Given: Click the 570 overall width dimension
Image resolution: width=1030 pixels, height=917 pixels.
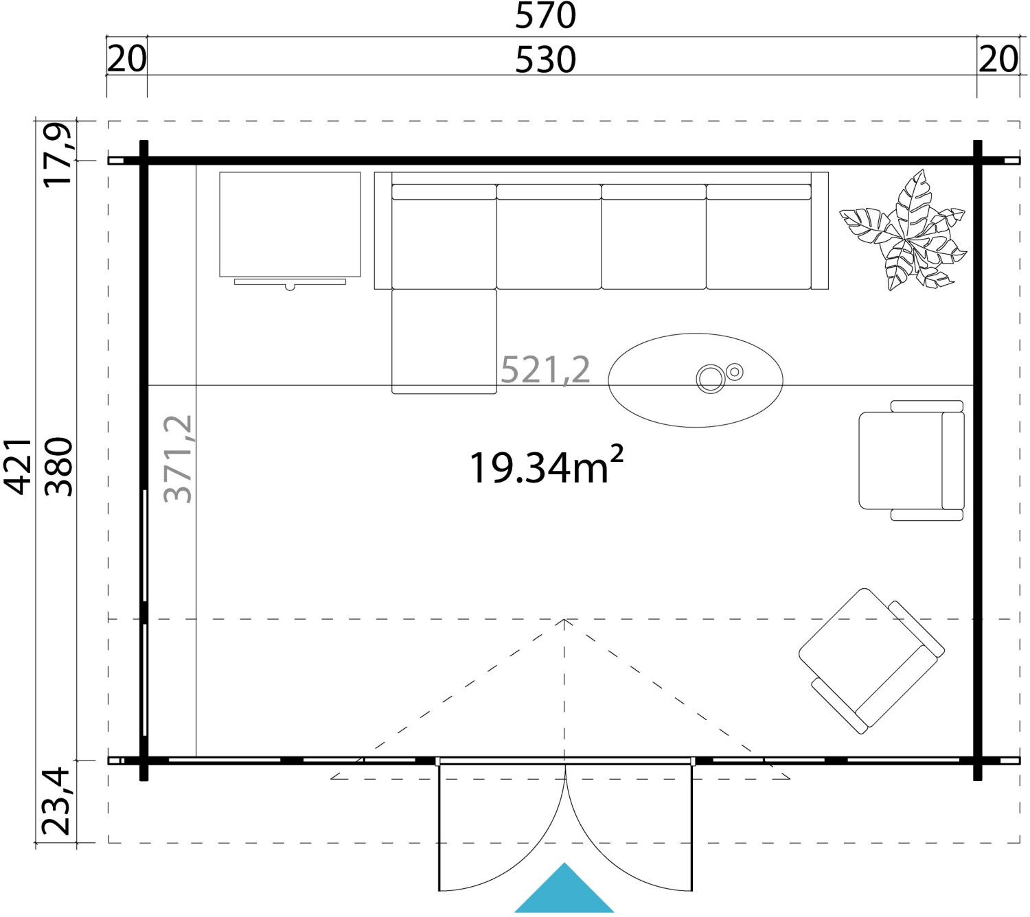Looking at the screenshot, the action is click(545, 16).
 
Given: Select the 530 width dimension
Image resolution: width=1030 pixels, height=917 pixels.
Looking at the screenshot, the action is click(545, 60).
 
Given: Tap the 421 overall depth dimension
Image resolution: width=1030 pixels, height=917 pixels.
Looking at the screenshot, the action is click(19, 467).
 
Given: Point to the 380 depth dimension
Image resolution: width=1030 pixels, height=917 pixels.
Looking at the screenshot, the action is click(58, 467).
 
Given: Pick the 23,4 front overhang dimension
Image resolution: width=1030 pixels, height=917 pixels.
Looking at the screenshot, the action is click(56, 802).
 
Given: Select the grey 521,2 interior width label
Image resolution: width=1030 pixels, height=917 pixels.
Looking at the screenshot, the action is click(545, 370).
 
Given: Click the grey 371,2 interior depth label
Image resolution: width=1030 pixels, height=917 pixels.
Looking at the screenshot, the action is click(178, 459).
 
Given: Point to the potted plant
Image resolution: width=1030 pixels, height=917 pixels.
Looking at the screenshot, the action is click(903, 230).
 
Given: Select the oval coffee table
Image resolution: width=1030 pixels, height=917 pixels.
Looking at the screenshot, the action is click(696, 380).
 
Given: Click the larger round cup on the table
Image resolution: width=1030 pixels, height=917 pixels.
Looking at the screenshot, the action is click(710, 378).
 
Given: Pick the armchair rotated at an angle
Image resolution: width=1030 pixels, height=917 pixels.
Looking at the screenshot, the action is click(871, 661).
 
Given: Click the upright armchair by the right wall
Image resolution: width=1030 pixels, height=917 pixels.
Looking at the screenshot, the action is click(911, 461).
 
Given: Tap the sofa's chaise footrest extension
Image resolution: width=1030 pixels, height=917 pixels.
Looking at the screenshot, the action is click(444, 341).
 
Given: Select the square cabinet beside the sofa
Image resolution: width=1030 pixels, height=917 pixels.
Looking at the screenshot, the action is click(290, 224).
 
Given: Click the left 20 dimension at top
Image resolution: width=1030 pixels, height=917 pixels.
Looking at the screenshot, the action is click(127, 60).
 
